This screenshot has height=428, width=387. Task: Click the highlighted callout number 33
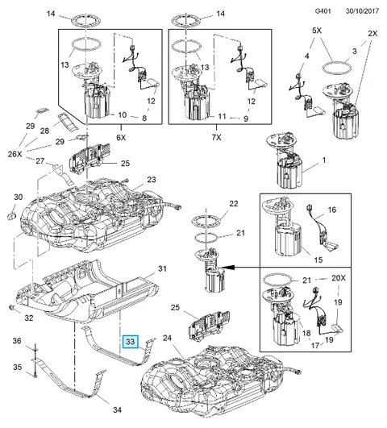(x=131, y=342)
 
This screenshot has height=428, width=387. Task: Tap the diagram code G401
(x=322, y=11)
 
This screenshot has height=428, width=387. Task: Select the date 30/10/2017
(x=362, y=11)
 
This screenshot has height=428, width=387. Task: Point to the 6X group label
(x=121, y=138)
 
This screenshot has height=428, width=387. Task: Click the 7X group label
(x=216, y=138)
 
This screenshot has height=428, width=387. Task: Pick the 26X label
(x=15, y=154)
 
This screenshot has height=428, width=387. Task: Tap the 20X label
(x=339, y=278)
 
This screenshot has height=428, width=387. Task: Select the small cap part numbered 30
(x=11, y=216)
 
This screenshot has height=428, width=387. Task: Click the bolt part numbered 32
(x=12, y=308)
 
